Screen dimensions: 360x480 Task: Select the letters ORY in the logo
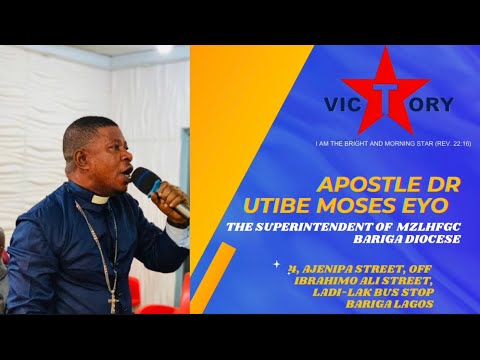tap(429, 104)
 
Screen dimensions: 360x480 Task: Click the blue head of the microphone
tap(145, 180)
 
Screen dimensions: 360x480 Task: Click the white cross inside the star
tap(385, 96)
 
